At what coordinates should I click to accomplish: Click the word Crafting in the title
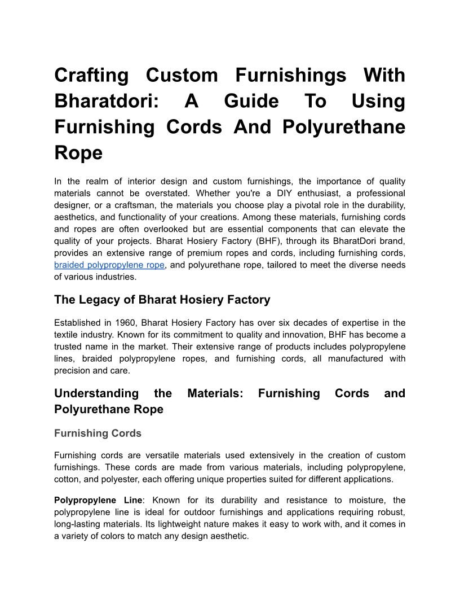pyautogui.click(x=91, y=75)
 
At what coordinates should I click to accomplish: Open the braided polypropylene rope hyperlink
pyautogui.click(x=109, y=265)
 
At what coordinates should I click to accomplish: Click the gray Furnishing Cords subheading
pyautogui.click(x=98, y=433)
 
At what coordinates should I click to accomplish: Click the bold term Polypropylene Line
pyautogui.click(x=98, y=500)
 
